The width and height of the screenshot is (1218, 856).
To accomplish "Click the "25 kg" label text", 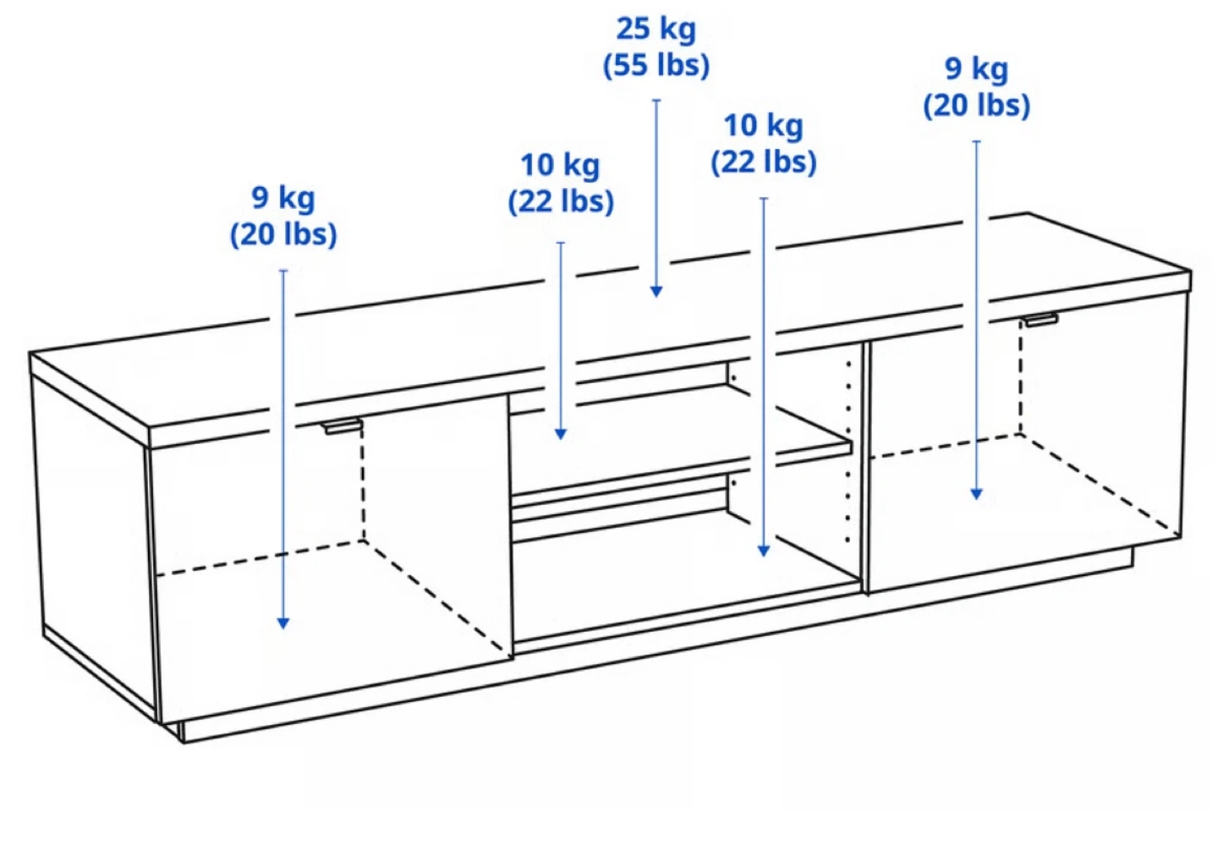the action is pyautogui.click(x=656, y=29).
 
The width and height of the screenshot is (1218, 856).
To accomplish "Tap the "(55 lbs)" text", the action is pyautogui.click(x=656, y=65).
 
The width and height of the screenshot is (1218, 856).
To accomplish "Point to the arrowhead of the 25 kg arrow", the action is pyautogui.click(x=656, y=292).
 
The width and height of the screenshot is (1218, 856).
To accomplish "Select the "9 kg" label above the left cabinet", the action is pyautogui.click(x=283, y=198).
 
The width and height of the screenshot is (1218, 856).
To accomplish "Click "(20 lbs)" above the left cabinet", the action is pyautogui.click(x=283, y=234).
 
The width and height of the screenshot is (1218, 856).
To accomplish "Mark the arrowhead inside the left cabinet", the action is pyautogui.click(x=283, y=623).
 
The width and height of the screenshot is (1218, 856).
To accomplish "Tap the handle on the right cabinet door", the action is pyautogui.click(x=1042, y=320).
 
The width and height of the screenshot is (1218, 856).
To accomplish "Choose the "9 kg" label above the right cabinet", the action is pyautogui.click(x=977, y=69).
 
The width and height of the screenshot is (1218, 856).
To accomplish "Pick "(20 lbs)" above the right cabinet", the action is pyautogui.click(x=977, y=106).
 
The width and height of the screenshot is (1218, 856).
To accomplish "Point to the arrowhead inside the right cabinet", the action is pyautogui.click(x=977, y=493).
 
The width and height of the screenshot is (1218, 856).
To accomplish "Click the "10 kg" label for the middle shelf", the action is pyautogui.click(x=560, y=165).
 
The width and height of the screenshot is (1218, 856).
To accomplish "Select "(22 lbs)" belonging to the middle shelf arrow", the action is pyautogui.click(x=561, y=201).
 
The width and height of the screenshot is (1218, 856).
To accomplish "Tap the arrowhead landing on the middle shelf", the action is pyautogui.click(x=561, y=433).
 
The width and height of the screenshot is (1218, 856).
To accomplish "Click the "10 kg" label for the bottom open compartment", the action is pyautogui.click(x=764, y=126).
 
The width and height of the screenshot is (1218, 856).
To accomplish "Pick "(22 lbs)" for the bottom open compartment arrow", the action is pyautogui.click(x=764, y=162).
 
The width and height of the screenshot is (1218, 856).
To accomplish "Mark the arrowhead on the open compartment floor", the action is pyautogui.click(x=764, y=551).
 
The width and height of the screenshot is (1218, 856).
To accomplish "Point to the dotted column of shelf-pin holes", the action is pyautogui.click(x=848, y=453).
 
